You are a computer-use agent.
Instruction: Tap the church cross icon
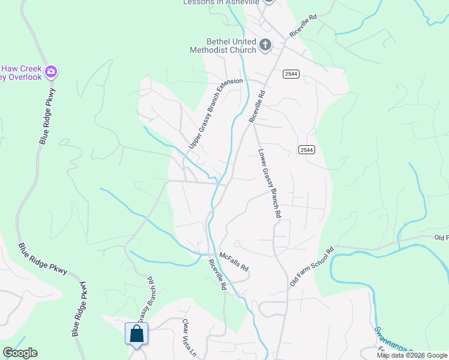coord(265,44)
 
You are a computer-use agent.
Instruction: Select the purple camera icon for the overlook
coord(52,72)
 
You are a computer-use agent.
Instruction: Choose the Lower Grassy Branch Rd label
coord(270,183)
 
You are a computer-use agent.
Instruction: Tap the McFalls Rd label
coord(234,262)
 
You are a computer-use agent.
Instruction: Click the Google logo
coord(19,353)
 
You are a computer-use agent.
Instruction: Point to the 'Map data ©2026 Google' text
coord(412,355)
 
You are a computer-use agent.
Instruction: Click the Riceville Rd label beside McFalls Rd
coord(217,275)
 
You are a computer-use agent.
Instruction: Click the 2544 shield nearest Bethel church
coord(291,73)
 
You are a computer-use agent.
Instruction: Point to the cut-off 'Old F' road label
coord(441,238)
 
